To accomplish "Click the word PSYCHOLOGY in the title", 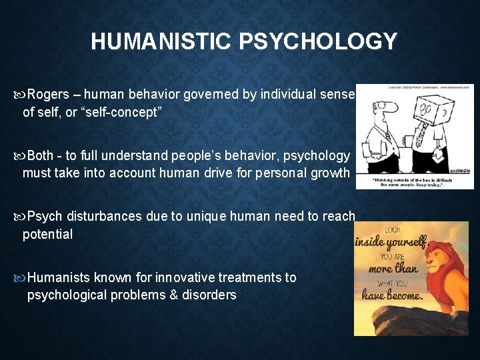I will (319, 42).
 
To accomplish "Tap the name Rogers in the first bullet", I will (53, 95).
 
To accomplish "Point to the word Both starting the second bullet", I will (41, 155).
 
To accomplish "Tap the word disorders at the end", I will (208, 295).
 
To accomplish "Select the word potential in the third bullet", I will (48, 234).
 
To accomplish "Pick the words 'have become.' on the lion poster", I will (393, 295).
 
